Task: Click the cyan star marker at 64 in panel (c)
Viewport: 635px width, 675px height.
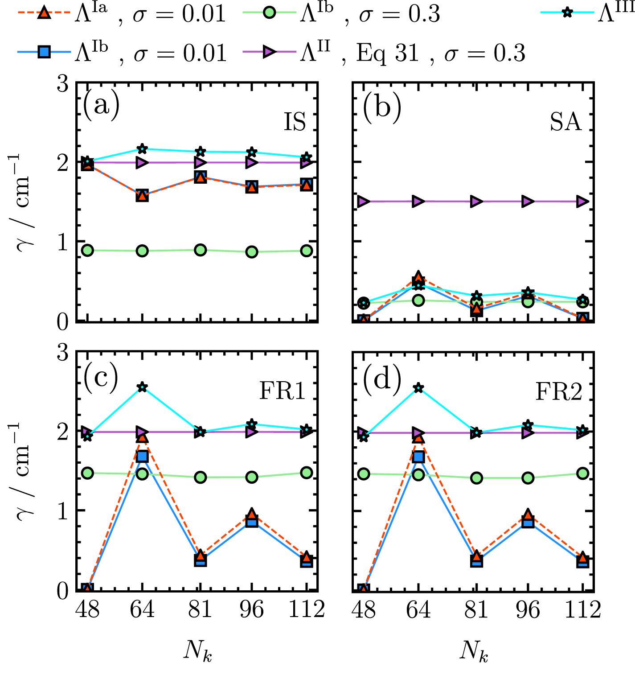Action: click(x=142, y=387)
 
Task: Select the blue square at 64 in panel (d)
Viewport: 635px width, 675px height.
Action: click(x=418, y=457)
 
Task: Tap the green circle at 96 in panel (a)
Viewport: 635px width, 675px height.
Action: click(x=252, y=252)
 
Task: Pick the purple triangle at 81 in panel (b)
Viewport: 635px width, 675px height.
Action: click(x=476, y=202)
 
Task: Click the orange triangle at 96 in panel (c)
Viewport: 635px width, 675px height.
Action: click(x=252, y=514)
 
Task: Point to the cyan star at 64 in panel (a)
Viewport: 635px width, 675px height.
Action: click(x=142, y=148)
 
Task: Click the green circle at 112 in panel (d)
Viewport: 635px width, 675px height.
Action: click(x=582, y=473)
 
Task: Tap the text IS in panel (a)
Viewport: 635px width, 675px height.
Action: click(x=295, y=121)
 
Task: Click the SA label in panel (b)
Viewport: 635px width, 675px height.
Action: click(x=565, y=121)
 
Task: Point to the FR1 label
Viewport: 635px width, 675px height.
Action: click(x=283, y=391)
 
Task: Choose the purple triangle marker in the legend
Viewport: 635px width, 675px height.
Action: click(x=269, y=52)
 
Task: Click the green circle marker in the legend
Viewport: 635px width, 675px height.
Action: click(x=269, y=13)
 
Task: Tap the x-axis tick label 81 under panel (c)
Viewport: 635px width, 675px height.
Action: click(x=200, y=609)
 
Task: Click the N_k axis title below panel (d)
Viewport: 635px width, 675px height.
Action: click(x=474, y=652)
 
